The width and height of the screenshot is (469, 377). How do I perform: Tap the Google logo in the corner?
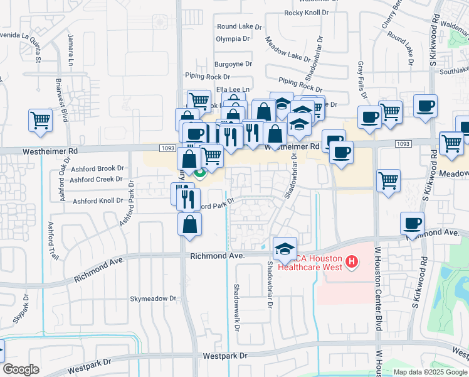point(21,369)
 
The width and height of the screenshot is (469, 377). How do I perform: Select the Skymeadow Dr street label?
point(155,298)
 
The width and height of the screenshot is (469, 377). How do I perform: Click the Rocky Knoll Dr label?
point(307,13)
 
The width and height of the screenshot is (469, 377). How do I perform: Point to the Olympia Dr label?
point(233,38)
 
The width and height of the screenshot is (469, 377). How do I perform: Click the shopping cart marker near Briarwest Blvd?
point(40,119)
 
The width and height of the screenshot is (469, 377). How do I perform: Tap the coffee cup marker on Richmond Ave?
point(412,223)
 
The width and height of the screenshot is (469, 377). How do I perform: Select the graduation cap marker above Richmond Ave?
point(285,248)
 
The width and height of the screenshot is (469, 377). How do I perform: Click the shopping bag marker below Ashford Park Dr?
point(189,224)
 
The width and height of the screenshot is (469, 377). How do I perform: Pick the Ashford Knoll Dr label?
point(98,201)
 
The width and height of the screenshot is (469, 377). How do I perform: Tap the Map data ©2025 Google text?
point(429,372)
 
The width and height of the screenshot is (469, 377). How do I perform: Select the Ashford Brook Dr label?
point(97,168)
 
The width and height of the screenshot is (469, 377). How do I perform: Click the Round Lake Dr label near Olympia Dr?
point(236,26)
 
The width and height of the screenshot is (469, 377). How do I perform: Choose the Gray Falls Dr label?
point(361,75)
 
